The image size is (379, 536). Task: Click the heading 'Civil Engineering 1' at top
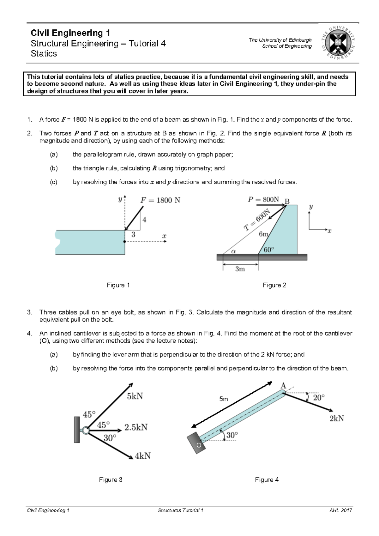click(70, 33)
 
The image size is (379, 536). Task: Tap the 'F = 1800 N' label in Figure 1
click(160, 200)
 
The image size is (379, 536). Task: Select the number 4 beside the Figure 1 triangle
click(144, 220)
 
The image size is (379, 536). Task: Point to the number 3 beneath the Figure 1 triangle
click(133, 235)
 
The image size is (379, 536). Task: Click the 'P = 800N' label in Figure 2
click(263, 200)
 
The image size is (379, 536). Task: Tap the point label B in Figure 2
click(287, 201)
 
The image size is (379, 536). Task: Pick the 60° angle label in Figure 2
click(269, 250)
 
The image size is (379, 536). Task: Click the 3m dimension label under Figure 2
click(240, 269)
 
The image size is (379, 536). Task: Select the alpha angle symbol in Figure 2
click(233, 251)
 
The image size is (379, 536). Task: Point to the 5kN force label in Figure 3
click(135, 396)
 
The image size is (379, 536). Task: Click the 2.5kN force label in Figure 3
click(136, 427)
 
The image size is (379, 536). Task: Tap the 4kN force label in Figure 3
click(142, 456)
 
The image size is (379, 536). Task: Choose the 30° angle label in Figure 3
click(110, 438)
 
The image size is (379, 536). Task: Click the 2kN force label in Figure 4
click(337, 419)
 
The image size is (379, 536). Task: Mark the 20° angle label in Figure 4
click(318, 397)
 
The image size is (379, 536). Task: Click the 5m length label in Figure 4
click(224, 399)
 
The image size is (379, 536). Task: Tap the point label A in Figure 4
click(283, 386)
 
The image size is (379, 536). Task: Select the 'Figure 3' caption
click(111, 480)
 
